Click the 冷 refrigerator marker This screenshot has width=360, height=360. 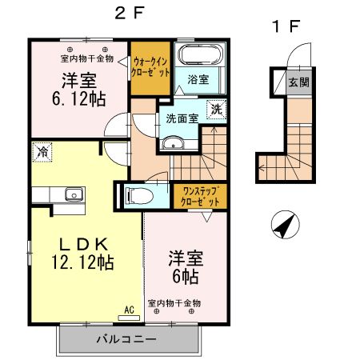click(42, 150)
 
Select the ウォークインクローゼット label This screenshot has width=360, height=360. click(150, 65)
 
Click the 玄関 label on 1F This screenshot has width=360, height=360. click(298, 82)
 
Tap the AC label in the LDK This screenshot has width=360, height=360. click(128, 309)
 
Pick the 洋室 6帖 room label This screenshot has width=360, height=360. click(186, 267)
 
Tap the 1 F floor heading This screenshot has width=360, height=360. click(283, 26)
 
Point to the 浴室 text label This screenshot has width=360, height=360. click(198, 81)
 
